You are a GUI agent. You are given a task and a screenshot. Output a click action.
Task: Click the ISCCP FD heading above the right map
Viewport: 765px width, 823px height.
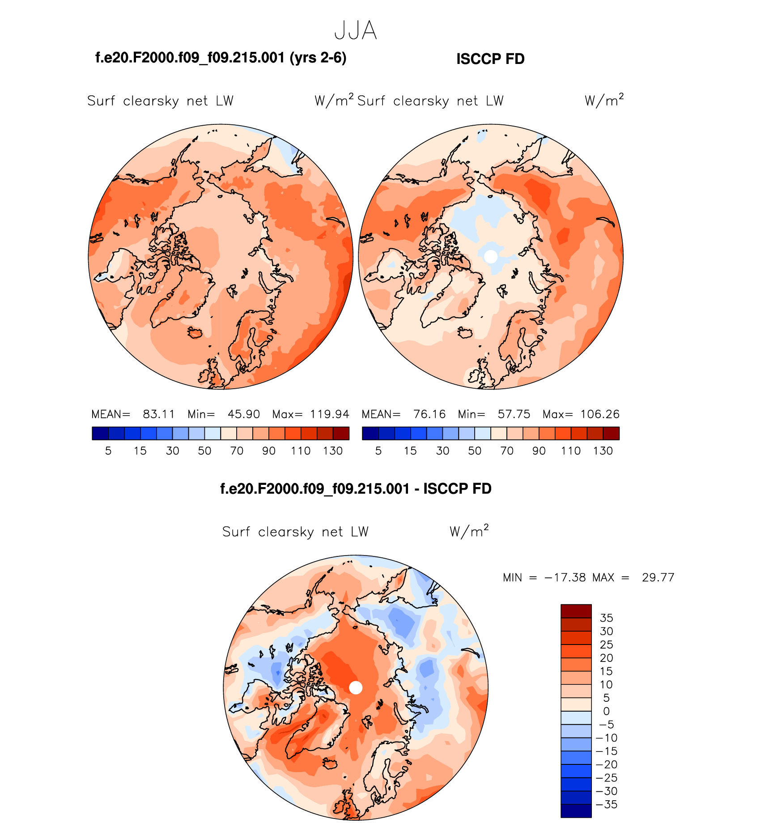click(x=490, y=59)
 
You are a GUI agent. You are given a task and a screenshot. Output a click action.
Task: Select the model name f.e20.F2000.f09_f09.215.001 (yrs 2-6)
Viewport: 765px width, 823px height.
click(x=221, y=58)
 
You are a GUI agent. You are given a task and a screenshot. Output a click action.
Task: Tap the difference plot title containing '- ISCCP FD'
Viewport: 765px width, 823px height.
click(x=356, y=488)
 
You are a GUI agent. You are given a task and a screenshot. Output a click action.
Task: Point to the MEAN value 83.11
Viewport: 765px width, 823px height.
click(x=159, y=414)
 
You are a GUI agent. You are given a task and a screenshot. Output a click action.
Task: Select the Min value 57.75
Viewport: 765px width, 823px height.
click(x=514, y=414)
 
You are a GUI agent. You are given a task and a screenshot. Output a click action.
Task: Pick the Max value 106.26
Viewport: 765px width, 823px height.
click(x=600, y=414)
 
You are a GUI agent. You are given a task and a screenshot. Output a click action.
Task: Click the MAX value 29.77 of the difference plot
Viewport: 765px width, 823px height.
click(x=658, y=577)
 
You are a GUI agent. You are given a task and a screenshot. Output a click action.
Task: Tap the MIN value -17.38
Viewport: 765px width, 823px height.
click(x=565, y=577)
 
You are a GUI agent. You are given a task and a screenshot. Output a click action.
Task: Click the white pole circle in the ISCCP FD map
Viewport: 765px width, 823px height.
click(x=491, y=256)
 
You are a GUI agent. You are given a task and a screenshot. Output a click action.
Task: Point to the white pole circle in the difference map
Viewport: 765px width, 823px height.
click(x=356, y=687)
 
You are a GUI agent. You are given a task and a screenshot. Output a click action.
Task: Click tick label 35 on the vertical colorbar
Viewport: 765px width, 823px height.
click(x=606, y=618)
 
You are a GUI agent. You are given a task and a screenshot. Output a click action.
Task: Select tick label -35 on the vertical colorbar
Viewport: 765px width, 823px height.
click(x=607, y=804)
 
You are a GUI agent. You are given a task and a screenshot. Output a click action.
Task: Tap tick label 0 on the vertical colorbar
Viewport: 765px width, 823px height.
click(x=606, y=711)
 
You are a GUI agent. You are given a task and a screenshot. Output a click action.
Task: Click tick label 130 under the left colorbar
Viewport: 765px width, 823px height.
click(x=333, y=451)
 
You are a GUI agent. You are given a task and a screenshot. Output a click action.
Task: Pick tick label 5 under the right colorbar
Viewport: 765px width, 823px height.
click(x=378, y=451)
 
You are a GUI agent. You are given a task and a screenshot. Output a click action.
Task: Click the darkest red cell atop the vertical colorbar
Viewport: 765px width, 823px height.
click(x=576, y=611)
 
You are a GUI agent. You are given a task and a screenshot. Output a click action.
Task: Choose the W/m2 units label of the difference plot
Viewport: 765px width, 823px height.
click(x=469, y=531)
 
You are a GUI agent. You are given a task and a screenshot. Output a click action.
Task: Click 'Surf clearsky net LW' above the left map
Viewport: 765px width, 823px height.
click(x=160, y=101)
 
